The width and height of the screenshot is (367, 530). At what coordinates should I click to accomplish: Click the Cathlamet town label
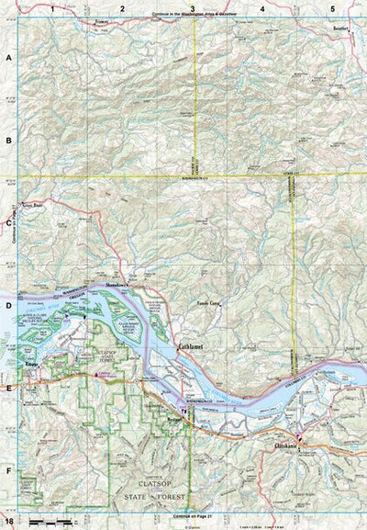[x=189, y=346]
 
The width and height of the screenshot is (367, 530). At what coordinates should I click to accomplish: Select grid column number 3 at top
[x=192, y=8]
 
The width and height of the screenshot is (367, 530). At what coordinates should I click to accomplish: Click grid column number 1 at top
[x=53, y=8]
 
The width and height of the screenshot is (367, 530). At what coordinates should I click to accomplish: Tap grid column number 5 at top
[x=331, y=8]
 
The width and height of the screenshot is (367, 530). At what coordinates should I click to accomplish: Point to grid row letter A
[x=9, y=56]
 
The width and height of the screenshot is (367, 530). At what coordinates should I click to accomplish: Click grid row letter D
[x=9, y=305]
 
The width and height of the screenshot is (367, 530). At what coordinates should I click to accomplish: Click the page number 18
[x=9, y=523]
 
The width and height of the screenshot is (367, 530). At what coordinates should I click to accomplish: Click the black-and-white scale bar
[x=55, y=522]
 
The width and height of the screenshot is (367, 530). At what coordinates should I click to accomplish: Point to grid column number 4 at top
[x=262, y=8]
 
